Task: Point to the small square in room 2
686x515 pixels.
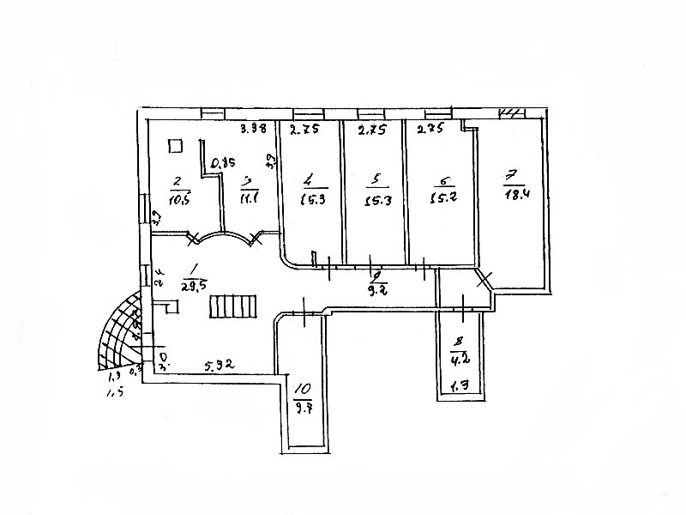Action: (x=176, y=145)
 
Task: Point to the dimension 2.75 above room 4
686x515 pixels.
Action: (x=303, y=130)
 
